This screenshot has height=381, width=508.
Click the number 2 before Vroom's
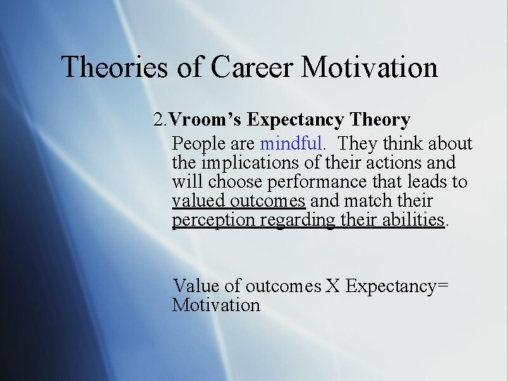click(159, 120)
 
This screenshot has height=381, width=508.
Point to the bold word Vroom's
click(210, 120)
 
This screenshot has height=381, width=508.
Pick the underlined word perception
click(214, 221)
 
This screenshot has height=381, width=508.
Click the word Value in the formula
click(195, 286)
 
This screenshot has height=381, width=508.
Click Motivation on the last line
click(217, 306)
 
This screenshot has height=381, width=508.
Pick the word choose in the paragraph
click(236, 182)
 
